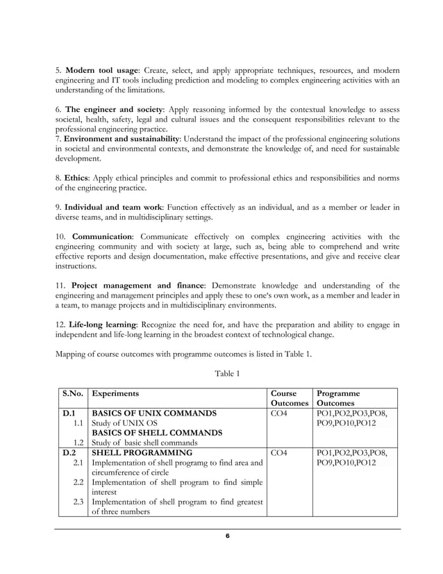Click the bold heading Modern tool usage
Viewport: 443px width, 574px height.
105,71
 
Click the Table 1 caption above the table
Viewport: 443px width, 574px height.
227,373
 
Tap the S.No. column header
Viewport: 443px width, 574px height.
73,393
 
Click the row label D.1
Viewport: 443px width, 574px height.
69,413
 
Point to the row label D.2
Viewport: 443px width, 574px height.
69,452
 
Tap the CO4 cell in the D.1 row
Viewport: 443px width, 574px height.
281,413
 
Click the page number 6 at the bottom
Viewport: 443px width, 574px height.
227,536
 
